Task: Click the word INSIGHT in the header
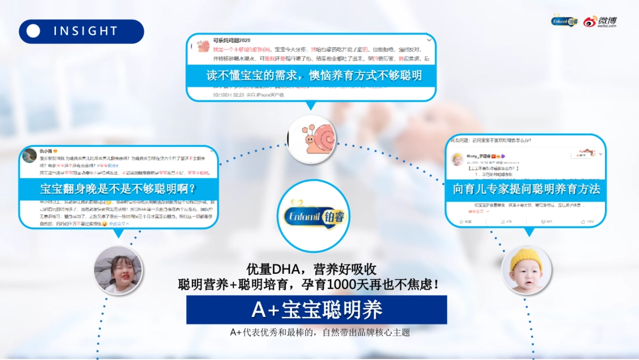pyautogui.click(x=85, y=31)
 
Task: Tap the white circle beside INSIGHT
pyautogui.click(x=34, y=31)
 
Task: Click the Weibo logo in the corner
pyautogui.click(x=600, y=21)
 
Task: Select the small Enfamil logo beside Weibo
pyautogui.click(x=564, y=21)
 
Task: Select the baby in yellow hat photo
pyautogui.click(x=526, y=271)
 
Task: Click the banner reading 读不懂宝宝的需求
pyautogui.click(x=314, y=75)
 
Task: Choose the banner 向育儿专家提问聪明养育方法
pyautogui.click(x=526, y=189)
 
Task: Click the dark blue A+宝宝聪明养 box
pyautogui.click(x=316, y=310)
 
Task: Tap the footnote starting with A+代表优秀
pyautogui.click(x=319, y=332)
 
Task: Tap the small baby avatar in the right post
pyautogui.click(x=456, y=158)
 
